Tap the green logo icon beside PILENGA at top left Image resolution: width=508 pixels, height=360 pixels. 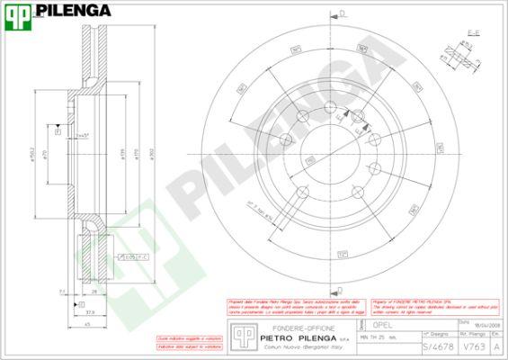click(20, 12)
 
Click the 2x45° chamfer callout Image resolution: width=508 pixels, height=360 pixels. click(84, 135)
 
